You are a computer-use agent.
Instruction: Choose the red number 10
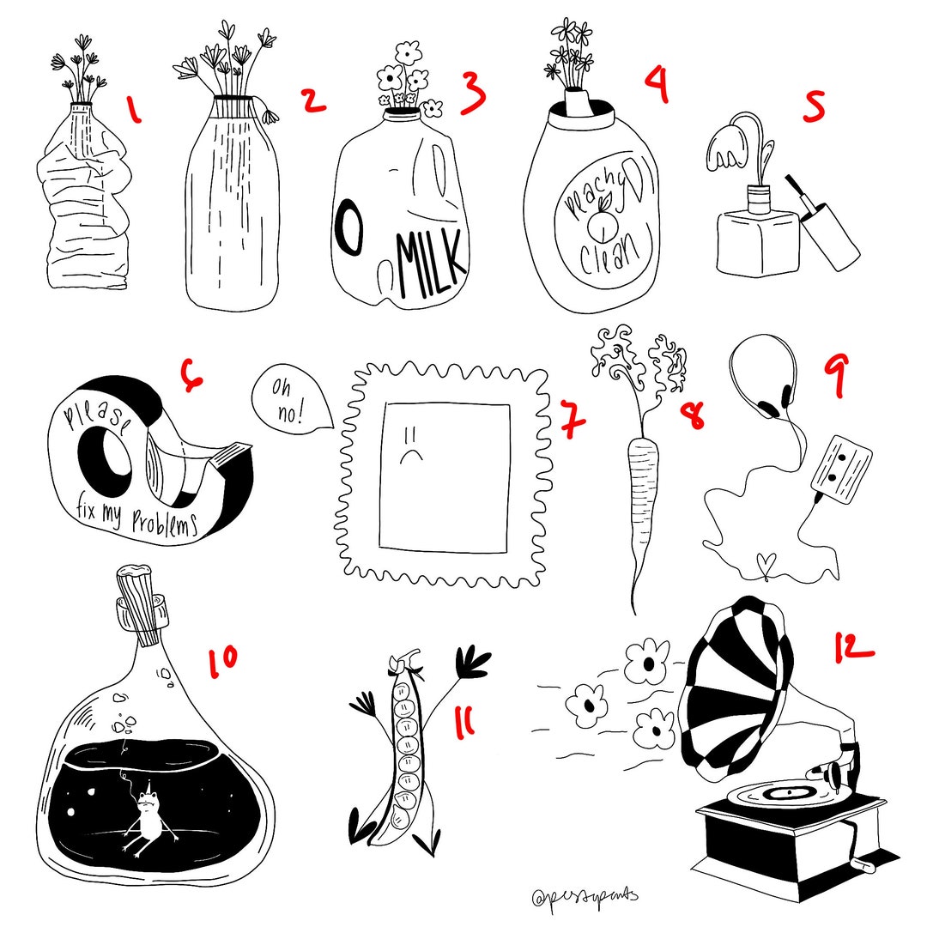point(222,664)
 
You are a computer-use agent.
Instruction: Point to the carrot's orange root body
point(639,489)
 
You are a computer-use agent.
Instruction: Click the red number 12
point(853,645)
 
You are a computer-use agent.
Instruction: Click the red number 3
point(473,92)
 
